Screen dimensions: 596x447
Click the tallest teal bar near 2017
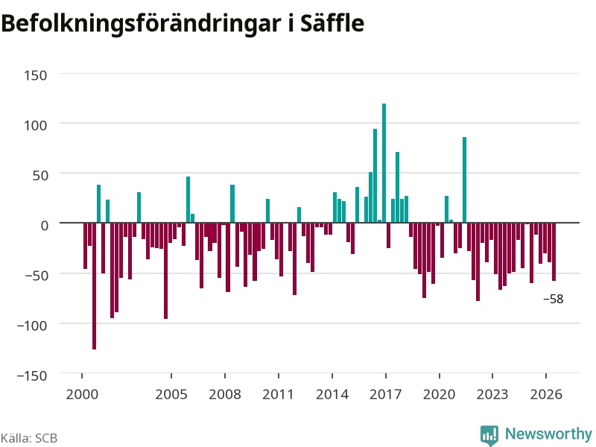point(384,163)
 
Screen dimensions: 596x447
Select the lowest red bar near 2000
point(95,286)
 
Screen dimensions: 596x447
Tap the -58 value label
point(554,299)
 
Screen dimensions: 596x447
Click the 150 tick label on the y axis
point(36,75)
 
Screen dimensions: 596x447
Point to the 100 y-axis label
point(36,125)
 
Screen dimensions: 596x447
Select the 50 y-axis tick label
point(40,175)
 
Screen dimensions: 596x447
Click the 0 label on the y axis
point(45,226)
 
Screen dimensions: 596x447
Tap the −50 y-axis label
point(37,275)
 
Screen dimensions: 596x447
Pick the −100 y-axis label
point(32,326)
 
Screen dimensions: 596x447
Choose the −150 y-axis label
point(32,375)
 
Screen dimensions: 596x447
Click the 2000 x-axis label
point(82,394)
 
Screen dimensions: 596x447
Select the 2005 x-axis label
point(171,394)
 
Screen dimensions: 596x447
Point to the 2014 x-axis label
point(332,394)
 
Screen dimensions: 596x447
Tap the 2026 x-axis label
point(546,394)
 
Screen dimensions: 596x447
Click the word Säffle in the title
point(332,23)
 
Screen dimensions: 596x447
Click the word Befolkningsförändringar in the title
point(141,25)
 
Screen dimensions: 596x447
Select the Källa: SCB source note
point(29,438)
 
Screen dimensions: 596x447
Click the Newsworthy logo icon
point(489,435)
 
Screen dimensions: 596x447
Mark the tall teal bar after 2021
point(464,180)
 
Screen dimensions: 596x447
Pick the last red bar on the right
point(554,252)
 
